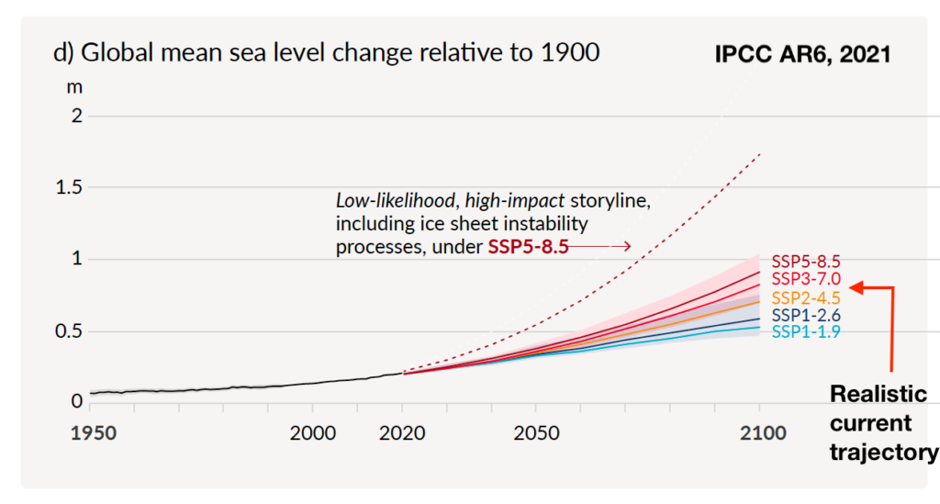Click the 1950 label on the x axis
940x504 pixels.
click(94, 432)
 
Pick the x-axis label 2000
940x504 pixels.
click(312, 432)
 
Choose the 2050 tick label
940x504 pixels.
click(537, 432)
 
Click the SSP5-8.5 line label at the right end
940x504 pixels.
click(805, 261)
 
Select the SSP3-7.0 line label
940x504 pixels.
click(805, 278)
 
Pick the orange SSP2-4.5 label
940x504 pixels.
click(805, 297)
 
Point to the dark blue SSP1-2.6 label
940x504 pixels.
click(805, 316)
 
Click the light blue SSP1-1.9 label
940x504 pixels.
click(805, 332)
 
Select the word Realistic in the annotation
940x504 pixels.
click(878, 394)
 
